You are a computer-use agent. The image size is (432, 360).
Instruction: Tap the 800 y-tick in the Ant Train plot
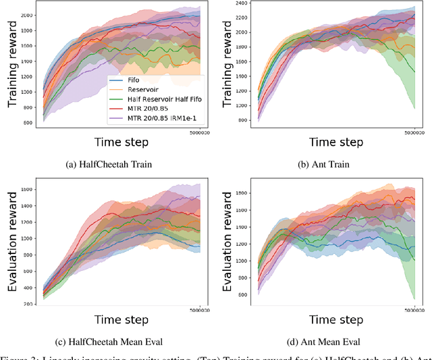click(x=242, y=120)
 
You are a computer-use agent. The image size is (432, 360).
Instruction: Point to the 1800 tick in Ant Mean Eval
click(x=240, y=193)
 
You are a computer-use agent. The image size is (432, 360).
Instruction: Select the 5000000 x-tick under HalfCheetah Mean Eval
click(x=200, y=311)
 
